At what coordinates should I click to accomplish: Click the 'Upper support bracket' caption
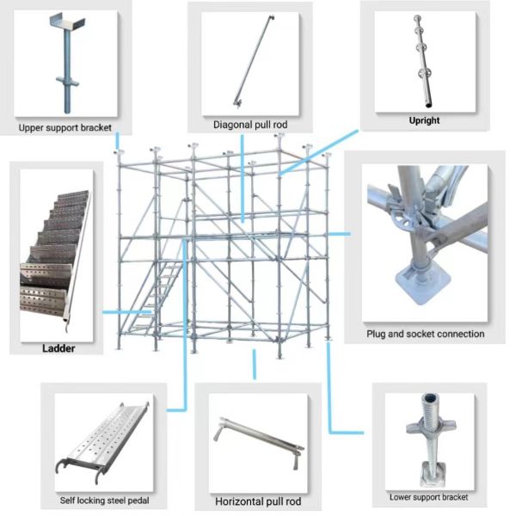65,127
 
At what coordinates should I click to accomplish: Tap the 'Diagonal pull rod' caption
250,125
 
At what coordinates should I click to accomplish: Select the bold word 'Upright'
424,120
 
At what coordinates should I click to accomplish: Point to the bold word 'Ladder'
58,348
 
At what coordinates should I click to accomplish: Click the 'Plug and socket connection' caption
426,334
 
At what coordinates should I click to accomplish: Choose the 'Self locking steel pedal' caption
104,501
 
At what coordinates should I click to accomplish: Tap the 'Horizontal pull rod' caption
258,501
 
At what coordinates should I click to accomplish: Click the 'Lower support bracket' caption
428,497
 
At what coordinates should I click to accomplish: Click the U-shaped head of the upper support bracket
67,22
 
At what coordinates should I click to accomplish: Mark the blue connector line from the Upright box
319,151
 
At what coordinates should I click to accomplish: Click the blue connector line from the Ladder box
127,312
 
